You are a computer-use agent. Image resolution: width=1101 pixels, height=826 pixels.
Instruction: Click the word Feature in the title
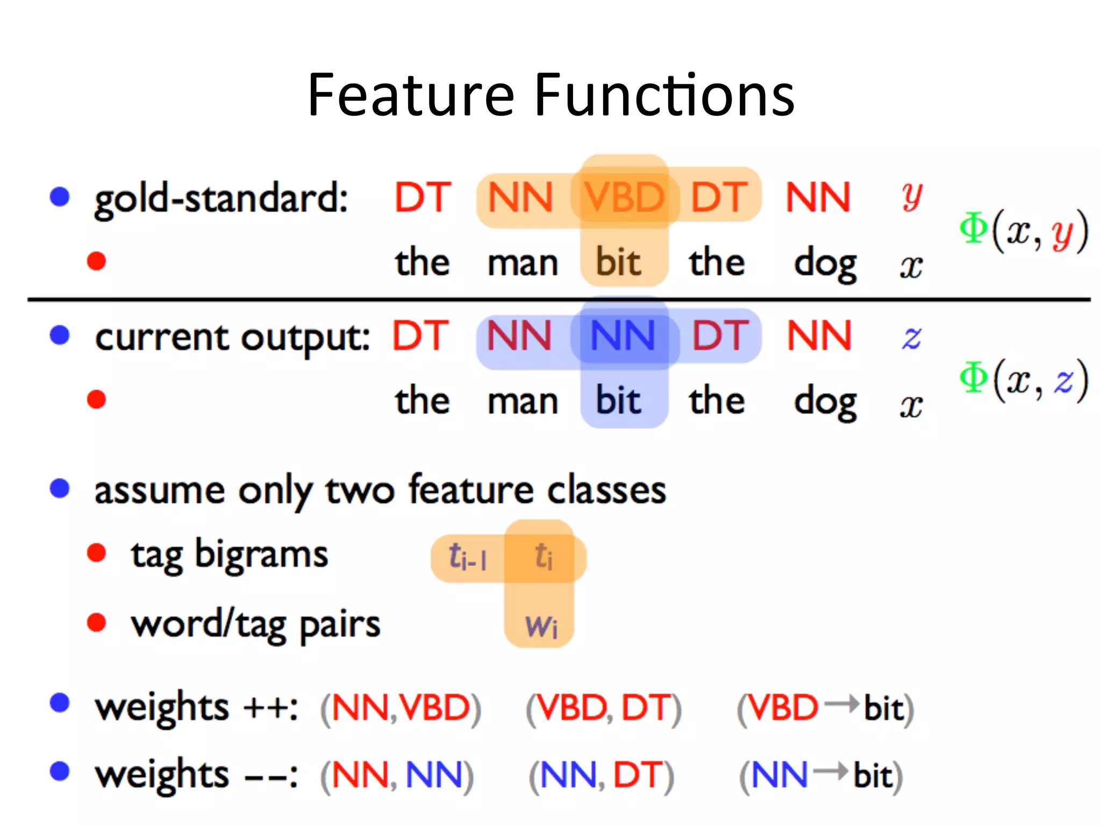pos(411,95)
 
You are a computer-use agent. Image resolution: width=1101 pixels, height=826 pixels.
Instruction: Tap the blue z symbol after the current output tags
pos(912,337)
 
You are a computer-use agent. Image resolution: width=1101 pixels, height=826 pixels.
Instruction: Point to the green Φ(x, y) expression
pos(1024,230)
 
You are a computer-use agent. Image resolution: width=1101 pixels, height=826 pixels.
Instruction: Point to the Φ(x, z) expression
pos(1024,380)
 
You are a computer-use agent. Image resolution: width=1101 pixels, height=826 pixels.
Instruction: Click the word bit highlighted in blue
pos(618,401)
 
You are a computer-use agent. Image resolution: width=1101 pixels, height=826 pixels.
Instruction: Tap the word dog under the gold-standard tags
pos(825,264)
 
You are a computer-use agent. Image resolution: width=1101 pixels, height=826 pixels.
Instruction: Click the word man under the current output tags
pos(523,402)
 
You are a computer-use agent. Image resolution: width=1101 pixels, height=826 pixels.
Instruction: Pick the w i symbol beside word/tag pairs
pos(541,626)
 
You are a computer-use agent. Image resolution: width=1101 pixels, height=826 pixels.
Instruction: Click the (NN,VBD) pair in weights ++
pos(401,708)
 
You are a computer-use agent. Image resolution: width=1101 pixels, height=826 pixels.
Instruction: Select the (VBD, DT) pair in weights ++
pos(604,708)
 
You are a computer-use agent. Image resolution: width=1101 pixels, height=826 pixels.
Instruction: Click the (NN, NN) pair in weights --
pos(397,775)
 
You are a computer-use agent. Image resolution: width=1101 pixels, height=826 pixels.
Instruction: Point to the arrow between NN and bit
pos(831,772)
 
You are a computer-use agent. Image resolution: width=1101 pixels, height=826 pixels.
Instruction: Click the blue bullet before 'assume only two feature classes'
pos(60,488)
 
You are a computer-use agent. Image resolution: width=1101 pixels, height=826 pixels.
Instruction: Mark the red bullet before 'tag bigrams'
pos(97,553)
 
